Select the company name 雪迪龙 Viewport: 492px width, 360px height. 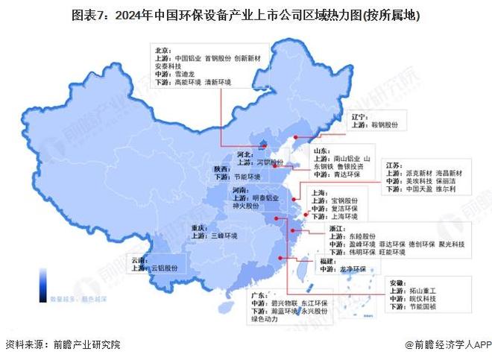(184, 75)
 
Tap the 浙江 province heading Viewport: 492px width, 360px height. (336, 226)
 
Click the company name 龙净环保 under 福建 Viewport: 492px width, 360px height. (350, 270)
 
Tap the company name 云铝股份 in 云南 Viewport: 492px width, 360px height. (165, 268)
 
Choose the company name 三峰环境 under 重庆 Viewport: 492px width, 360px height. (224, 236)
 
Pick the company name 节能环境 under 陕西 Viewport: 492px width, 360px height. (246, 177)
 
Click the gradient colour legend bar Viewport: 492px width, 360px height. (42, 284)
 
